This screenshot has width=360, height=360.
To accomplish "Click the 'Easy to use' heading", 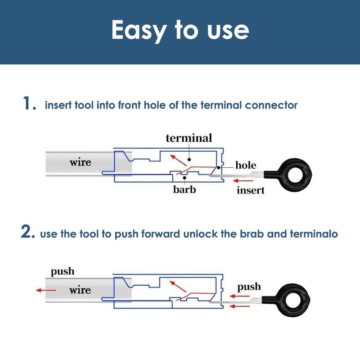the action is [x=180, y=31].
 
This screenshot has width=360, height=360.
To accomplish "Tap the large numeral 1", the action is [x=27, y=103].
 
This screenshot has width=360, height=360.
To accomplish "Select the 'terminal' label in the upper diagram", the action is [x=189, y=138].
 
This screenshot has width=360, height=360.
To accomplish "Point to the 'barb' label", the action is [x=184, y=189].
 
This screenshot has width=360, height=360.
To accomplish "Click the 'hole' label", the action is [x=246, y=165].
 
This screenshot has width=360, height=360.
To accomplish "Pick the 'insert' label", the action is [x=251, y=190].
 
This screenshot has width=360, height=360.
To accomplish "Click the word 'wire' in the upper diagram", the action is [x=81, y=162].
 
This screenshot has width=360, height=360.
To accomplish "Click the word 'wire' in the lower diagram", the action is [x=80, y=290].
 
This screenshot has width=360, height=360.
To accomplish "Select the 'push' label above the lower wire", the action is [x=63, y=272].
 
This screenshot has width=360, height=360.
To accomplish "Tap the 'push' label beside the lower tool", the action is [x=249, y=287].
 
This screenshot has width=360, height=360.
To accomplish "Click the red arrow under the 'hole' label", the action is [x=243, y=181].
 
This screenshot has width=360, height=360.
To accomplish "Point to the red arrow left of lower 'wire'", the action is [x=46, y=290].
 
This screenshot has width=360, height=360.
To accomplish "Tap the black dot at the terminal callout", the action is [x=189, y=159].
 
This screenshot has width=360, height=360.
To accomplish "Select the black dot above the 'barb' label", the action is [x=184, y=178].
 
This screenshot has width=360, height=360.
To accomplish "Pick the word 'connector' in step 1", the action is [x=271, y=105].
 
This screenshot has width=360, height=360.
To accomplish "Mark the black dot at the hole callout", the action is [x=219, y=168].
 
